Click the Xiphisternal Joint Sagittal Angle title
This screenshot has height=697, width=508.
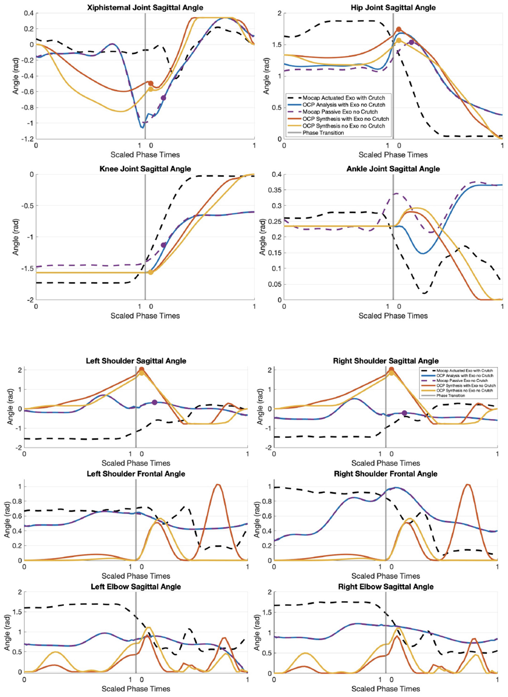pos(145,8)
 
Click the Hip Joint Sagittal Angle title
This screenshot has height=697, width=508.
pos(393,8)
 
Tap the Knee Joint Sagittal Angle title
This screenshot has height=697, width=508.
pos(145,169)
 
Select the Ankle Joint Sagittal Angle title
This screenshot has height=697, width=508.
pos(393,169)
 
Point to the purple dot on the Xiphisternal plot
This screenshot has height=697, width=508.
pos(163,98)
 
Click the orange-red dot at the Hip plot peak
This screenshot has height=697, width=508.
pos(399,29)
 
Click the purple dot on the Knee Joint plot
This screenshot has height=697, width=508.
pos(163,245)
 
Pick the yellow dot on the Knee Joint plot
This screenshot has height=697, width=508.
pos(151,272)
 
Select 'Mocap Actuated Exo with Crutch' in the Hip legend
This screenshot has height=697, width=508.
pos(343,98)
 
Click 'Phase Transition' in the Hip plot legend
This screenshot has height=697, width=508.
pos(323,133)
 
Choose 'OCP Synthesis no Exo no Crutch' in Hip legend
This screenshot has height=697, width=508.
pos(343,126)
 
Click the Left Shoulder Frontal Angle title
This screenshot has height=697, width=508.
pos(136,474)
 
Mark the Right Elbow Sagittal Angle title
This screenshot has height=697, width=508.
pos(386,587)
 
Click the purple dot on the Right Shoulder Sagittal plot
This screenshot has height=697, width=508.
pos(404,413)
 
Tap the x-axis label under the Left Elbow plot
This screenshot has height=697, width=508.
pos(136,689)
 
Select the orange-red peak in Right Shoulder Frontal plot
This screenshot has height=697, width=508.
pos(467,485)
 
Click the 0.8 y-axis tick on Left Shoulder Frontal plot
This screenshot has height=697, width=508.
pos(17,501)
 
